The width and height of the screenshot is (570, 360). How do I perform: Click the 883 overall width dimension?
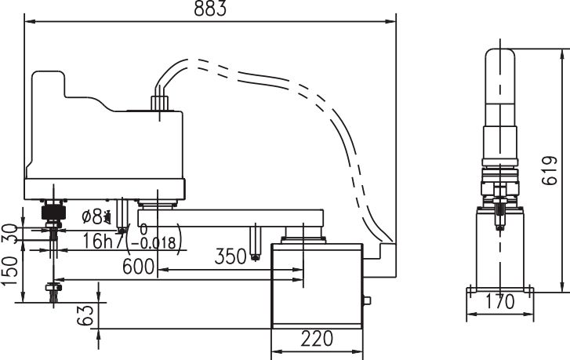[x=210, y=9]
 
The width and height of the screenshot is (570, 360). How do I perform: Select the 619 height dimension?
[x=550, y=170]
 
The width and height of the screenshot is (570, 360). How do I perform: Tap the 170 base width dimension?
[x=500, y=301]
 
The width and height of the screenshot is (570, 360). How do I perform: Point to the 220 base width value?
[x=317, y=339]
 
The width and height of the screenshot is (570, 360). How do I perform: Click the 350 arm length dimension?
[x=231, y=256]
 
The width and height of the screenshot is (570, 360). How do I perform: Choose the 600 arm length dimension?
[x=138, y=266]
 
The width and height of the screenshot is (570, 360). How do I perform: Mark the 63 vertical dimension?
[x=85, y=315]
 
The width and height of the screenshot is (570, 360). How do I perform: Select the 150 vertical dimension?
[x=10, y=271]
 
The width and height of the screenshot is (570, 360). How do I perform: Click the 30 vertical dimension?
[x=10, y=234]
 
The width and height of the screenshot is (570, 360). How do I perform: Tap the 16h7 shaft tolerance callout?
[x=104, y=241]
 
